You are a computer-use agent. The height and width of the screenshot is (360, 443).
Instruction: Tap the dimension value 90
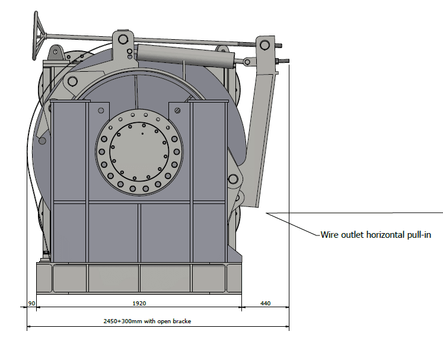point(33,303)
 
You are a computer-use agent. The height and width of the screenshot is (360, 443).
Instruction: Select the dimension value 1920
point(139,303)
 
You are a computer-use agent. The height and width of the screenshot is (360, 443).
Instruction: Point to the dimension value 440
point(265,303)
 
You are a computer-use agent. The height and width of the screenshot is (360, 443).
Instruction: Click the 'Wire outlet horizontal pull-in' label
point(375,235)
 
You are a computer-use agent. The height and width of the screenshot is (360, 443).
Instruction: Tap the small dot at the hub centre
point(142,134)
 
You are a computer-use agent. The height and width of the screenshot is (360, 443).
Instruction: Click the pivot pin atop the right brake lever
point(264,43)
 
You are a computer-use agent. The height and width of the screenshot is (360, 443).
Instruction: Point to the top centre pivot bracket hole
point(123,39)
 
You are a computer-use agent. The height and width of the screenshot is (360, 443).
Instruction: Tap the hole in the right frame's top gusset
point(179,110)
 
